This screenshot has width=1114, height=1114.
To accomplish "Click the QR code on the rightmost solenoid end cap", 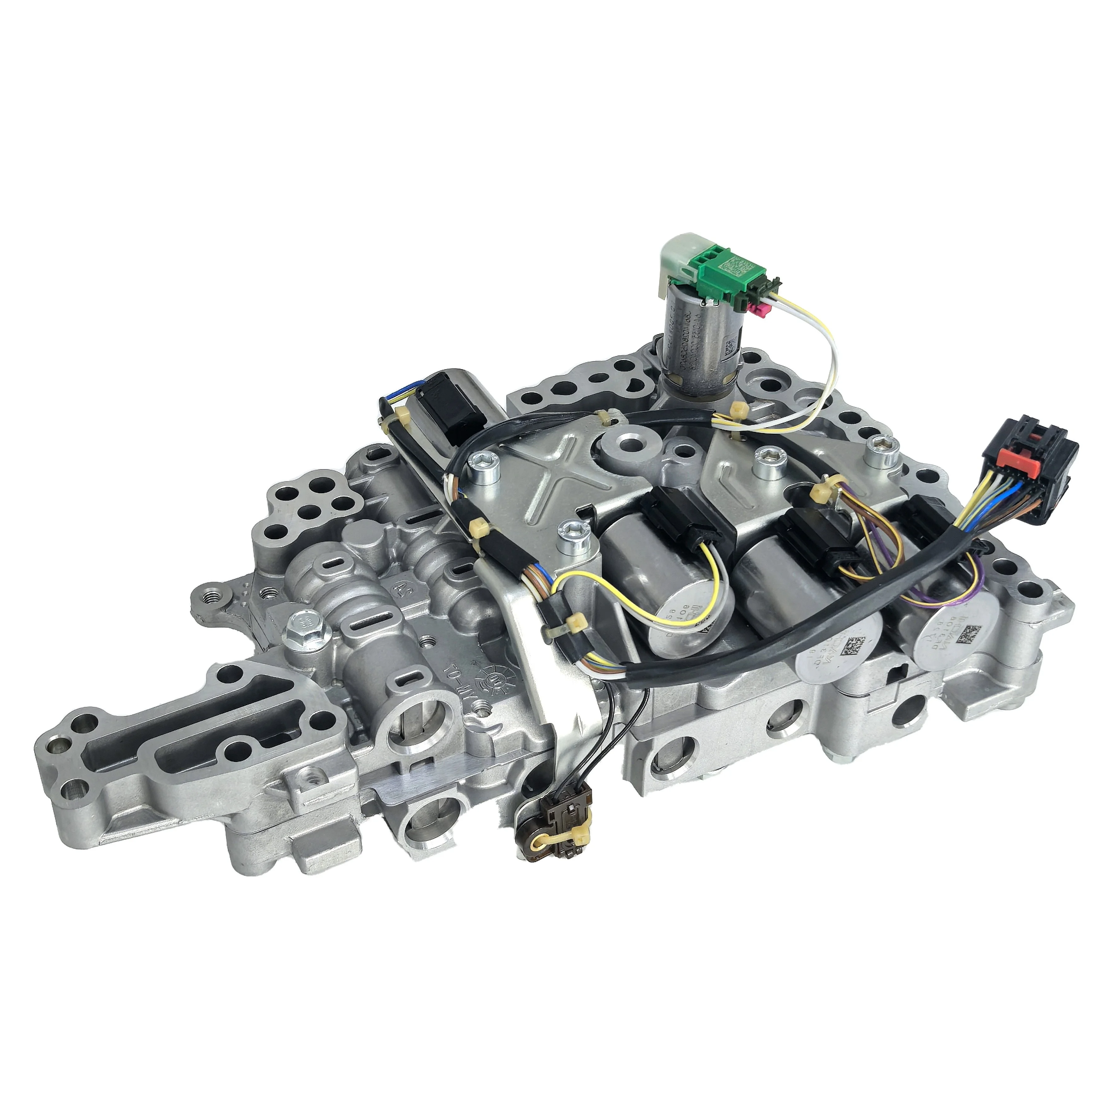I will pos(973,636).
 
